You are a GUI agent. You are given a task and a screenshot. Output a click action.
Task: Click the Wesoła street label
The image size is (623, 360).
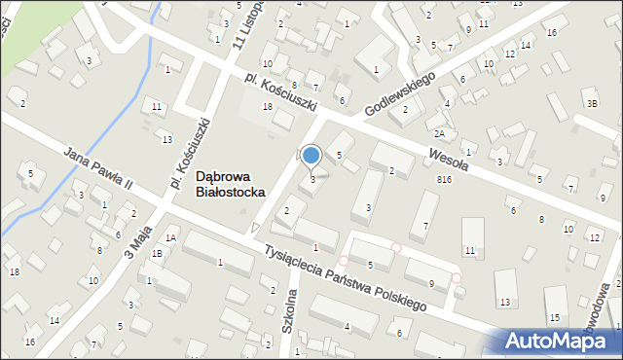(x=449, y=158)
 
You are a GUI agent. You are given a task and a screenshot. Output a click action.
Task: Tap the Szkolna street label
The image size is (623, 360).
(x=290, y=311)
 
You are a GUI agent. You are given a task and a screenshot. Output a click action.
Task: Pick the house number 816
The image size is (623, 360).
(x=445, y=180)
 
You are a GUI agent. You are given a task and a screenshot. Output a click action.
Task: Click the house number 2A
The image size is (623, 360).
(x=440, y=133)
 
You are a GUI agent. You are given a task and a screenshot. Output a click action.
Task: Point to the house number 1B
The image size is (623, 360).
(x=157, y=253)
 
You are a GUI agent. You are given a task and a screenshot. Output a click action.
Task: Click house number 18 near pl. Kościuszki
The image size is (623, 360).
(x=268, y=106)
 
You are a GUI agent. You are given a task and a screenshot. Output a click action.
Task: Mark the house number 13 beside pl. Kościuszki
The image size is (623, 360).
(x=166, y=140)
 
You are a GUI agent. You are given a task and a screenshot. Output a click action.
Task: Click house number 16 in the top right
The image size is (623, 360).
(x=551, y=33)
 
